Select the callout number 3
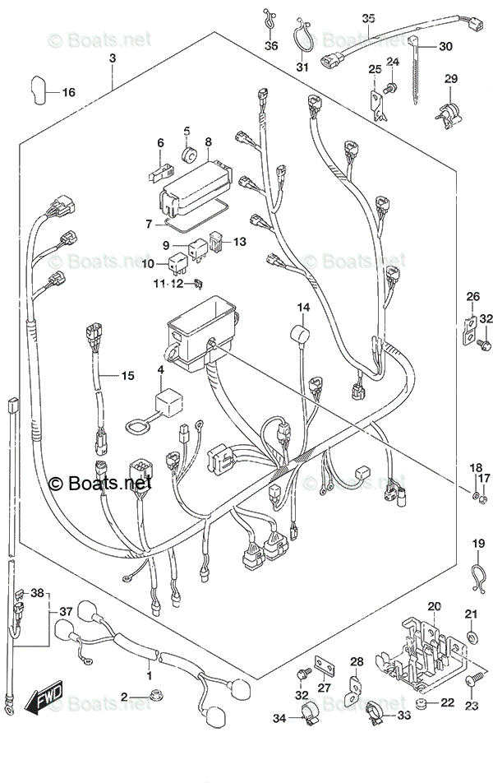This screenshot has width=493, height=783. (113, 58)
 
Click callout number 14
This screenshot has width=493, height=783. (303, 308)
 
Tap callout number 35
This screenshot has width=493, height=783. (368, 17)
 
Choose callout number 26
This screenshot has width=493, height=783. (472, 296)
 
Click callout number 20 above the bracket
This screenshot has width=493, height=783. (434, 606)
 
